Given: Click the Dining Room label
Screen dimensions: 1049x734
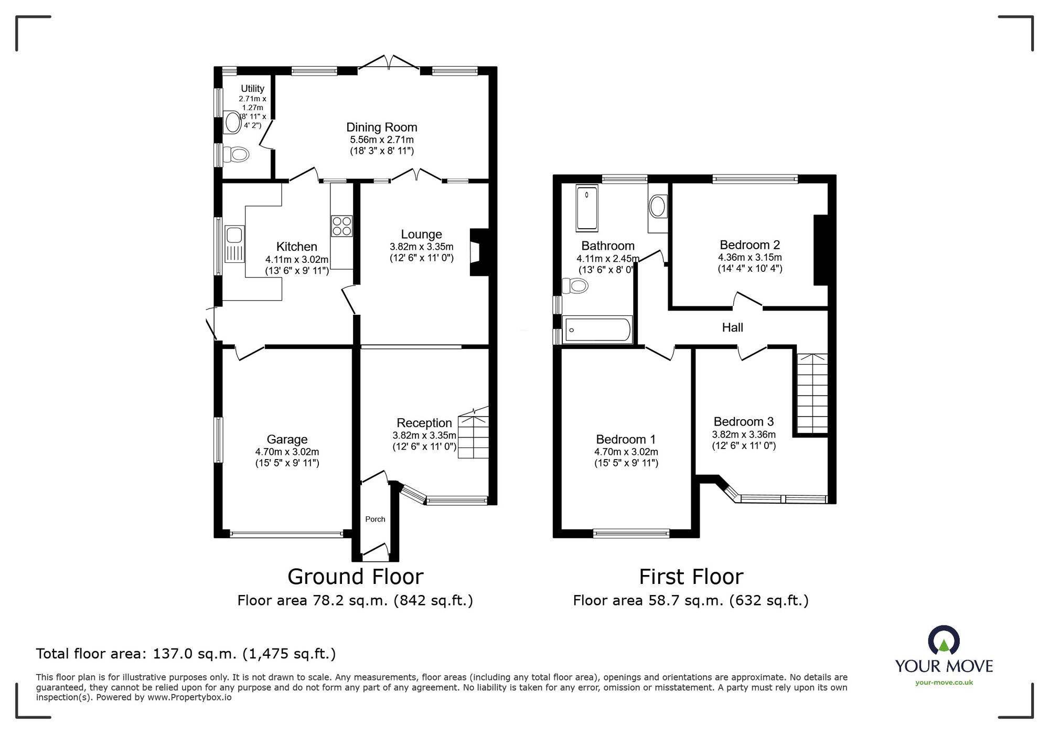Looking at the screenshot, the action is (x=382, y=127).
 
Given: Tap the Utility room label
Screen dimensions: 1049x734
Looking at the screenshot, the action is (x=252, y=89).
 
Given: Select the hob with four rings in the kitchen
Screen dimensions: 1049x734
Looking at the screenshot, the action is (x=341, y=226).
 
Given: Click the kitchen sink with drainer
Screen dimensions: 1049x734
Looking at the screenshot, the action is (x=234, y=243).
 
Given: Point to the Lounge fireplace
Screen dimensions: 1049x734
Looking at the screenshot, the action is (x=479, y=252).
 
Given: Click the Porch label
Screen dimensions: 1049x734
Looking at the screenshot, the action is (x=375, y=519).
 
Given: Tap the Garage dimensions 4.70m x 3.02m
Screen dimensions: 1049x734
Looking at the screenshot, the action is (x=287, y=452).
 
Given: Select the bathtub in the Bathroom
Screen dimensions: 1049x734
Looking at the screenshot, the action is (x=597, y=330).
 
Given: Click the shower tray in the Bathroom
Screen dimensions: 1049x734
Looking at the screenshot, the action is (x=587, y=208).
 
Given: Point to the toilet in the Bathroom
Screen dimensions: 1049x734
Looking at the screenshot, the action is (x=575, y=286).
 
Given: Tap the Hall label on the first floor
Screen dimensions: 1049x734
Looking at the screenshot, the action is (x=732, y=328).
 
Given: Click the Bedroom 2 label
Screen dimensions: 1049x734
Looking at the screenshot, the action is (x=750, y=245).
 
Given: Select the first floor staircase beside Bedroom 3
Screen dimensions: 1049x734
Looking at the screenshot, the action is (x=812, y=393).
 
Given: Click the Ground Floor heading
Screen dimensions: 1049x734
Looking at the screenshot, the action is (x=356, y=577).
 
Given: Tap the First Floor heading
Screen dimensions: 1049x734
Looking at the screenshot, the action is (x=691, y=577).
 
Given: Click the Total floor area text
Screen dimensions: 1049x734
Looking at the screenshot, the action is (x=186, y=654).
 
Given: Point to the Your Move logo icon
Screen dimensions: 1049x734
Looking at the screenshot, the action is (x=944, y=639).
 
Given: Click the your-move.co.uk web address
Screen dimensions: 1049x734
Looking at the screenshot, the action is (x=944, y=683).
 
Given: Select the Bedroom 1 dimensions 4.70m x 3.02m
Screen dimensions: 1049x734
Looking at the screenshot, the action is (x=626, y=452).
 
